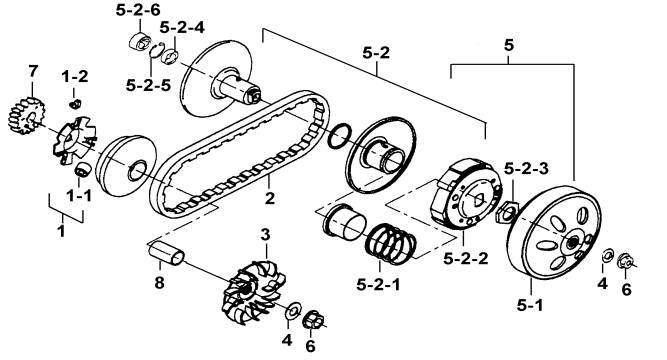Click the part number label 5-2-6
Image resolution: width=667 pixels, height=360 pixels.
click(138, 10)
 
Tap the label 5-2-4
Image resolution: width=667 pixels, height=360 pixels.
click(182, 27)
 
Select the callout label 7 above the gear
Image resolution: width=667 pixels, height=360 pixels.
click(33, 71)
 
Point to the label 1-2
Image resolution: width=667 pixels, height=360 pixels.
click(75, 77)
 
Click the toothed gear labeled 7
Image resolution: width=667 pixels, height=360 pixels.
click(26, 116)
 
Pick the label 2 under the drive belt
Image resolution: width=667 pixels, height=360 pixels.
click(270, 198)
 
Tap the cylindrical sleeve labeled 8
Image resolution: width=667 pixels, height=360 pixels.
click(166, 253)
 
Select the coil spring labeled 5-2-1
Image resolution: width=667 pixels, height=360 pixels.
click(390, 243)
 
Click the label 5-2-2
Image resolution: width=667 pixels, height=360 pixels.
click(465, 258)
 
